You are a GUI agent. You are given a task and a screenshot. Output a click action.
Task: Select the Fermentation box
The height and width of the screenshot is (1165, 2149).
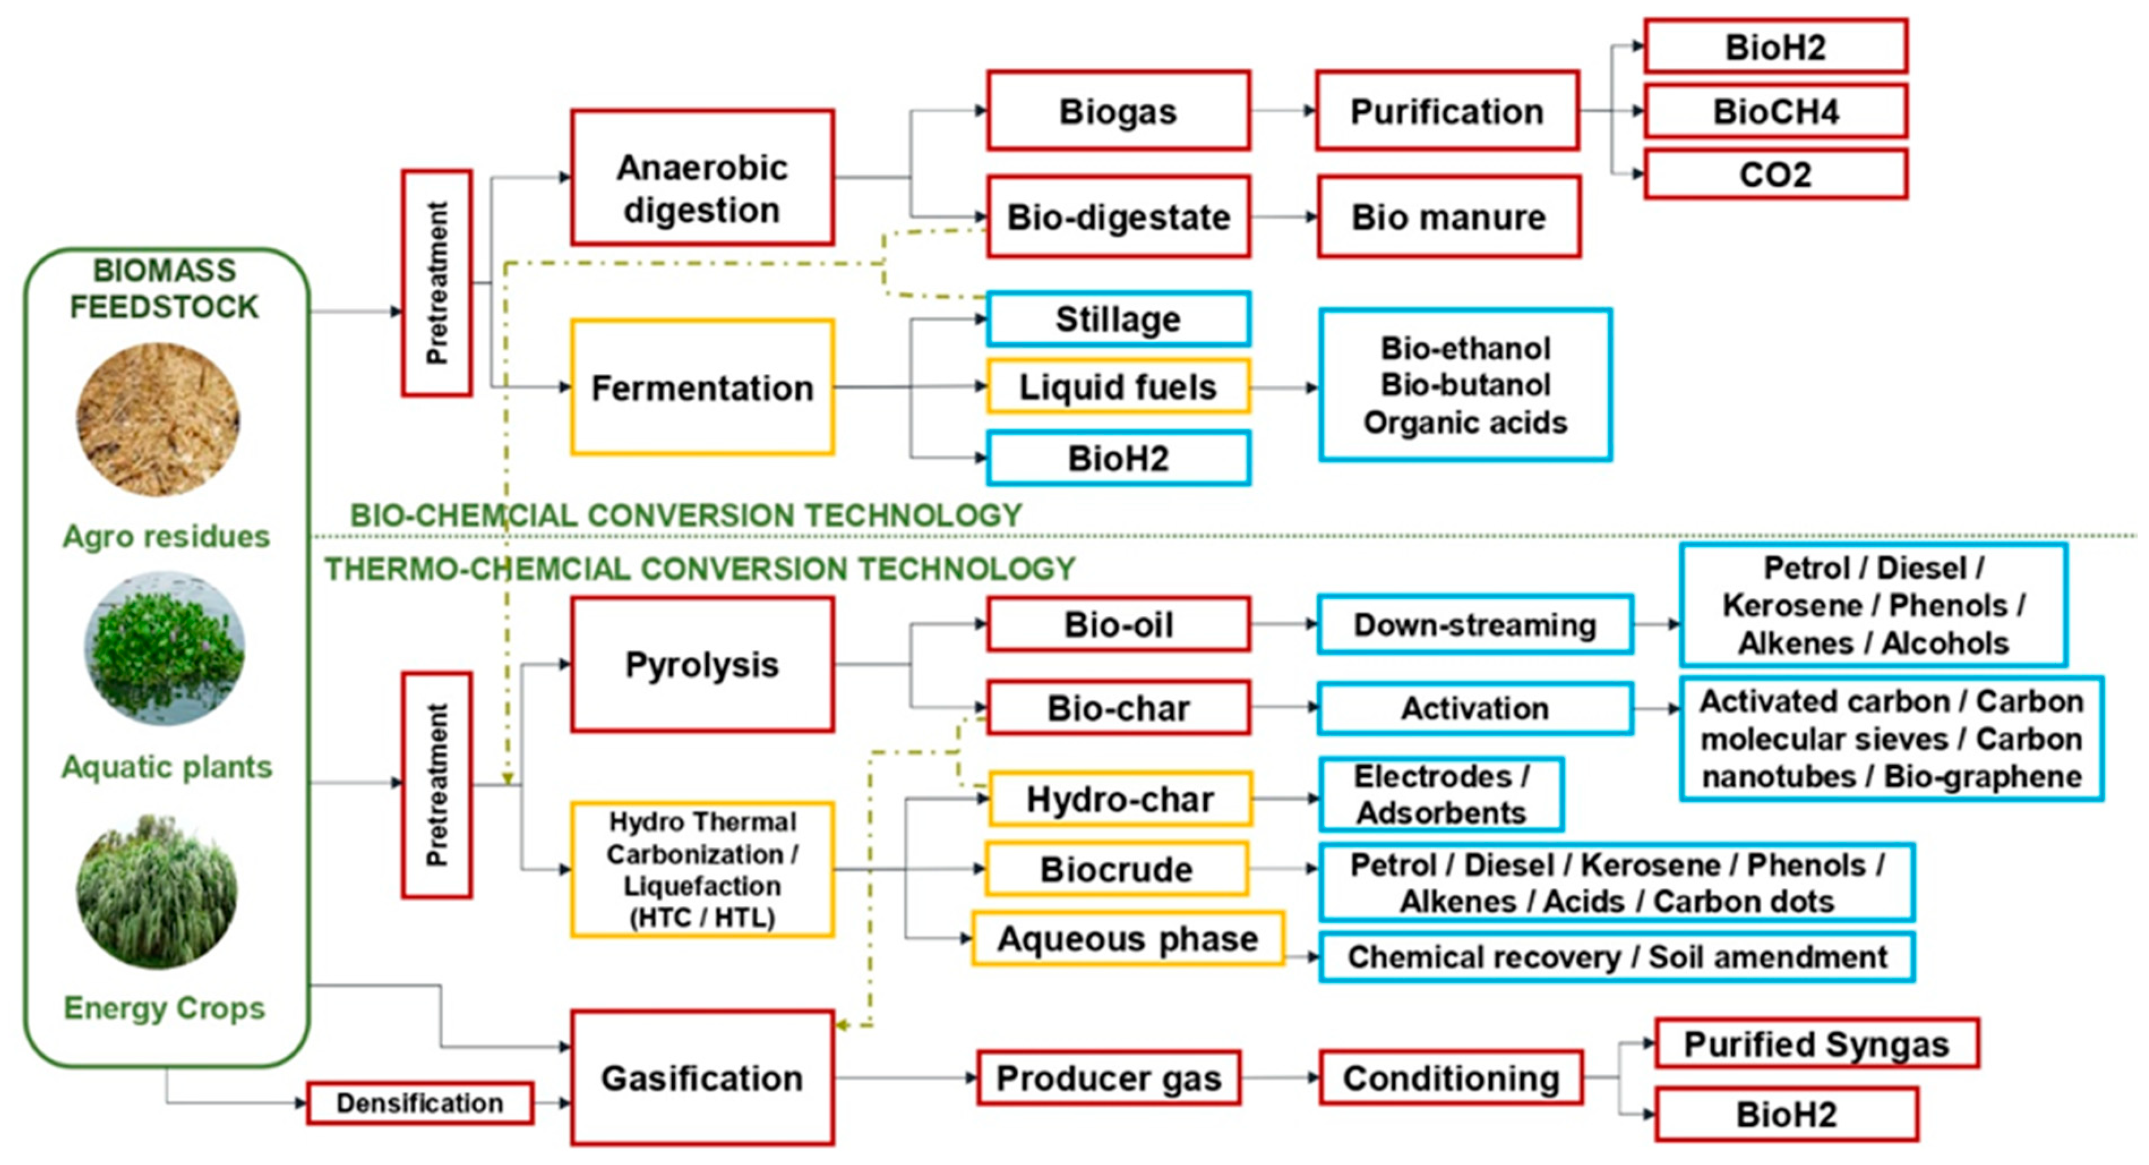(702, 387)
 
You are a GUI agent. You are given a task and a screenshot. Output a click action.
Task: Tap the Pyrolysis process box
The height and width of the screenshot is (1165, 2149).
(702, 664)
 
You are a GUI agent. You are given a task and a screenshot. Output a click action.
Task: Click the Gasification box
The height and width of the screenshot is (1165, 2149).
(702, 1077)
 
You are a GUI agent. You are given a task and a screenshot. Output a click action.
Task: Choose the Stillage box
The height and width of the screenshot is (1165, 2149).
(1118, 319)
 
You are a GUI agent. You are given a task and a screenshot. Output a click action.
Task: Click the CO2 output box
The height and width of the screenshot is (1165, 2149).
(1775, 174)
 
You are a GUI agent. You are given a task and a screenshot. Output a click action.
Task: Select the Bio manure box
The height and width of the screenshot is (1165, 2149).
(1448, 217)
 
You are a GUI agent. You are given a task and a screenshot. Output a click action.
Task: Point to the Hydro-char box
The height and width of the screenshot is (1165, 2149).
(1119, 799)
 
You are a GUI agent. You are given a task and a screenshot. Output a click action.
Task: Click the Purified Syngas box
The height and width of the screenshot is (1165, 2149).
(1816, 1043)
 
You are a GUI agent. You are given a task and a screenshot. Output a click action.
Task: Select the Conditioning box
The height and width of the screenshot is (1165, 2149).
(1451, 1077)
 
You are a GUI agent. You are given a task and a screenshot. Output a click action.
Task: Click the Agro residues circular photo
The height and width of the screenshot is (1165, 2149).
(158, 420)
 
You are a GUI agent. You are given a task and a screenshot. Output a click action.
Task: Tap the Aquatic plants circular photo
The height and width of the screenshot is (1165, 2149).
(164, 647)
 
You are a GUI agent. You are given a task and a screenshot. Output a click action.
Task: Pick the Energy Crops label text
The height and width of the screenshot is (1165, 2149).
(164, 1008)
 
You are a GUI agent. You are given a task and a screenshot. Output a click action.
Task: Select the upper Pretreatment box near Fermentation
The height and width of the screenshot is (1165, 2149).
(436, 283)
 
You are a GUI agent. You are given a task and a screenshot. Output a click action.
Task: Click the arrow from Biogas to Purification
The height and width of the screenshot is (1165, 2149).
(1283, 110)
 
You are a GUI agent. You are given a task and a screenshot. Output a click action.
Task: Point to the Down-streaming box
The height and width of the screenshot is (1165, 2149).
(1474, 624)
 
